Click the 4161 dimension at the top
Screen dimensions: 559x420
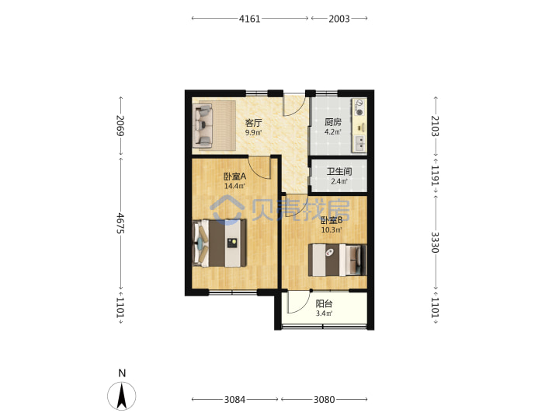249,19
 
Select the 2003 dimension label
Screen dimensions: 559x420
339,19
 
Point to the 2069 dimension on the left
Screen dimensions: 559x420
120,125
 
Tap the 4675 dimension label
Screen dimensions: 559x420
120,223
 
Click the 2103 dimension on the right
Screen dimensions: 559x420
436,126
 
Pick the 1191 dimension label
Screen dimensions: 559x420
436,175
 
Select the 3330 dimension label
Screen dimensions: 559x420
436,243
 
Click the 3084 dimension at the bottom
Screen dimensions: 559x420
234,399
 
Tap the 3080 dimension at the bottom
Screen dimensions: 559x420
324,399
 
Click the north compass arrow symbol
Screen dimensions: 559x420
122,396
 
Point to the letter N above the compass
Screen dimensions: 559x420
122,373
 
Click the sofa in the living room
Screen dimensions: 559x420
203,125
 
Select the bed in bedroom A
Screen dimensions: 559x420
220,243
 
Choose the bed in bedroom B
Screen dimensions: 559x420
337,260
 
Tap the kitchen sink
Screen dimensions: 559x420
359,144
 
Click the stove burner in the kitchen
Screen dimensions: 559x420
359,112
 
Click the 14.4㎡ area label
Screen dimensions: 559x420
234,186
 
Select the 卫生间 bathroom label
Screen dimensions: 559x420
339,171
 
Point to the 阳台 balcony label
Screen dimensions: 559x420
324,303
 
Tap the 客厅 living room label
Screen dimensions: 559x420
253,123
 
